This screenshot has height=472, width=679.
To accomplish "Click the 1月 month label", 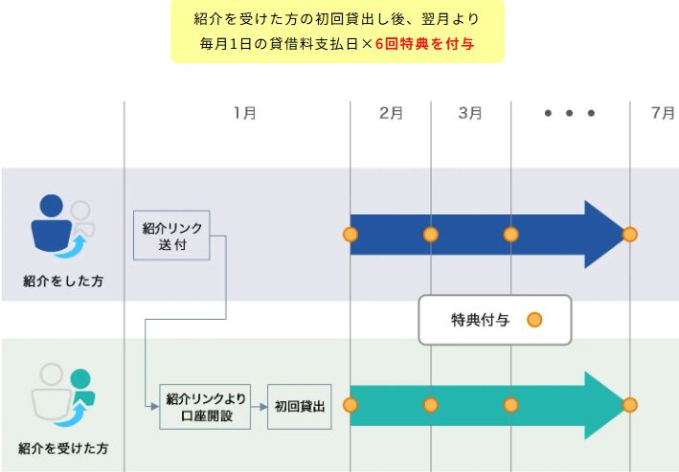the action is pyautogui.click(x=244, y=114).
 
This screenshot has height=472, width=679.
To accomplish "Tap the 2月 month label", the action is pyautogui.click(x=391, y=114).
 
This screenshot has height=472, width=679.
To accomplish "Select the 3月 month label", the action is pyautogui.click(x=470, y=114).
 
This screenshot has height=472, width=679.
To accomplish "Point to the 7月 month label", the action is pyautogui.click(x=663, y=114).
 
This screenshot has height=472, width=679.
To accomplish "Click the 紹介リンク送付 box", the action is pyautogui.click(x=171, y=236).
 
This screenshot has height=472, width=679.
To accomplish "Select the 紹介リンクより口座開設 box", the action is pyautogui.click(x=205, y=407).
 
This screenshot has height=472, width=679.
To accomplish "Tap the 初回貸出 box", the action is pyautogui.click(x=299, y=407).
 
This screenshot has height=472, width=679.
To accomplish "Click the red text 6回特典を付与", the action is pyautogui.click(x=424, y=44).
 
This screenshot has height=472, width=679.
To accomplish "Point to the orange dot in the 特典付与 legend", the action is pyautogui.click(x=534, y=320).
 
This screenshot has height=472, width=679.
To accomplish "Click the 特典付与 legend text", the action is pyautogui.click(x=480, y=320).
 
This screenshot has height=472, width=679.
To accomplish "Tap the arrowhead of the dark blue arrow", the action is pyautogui.click(x=605, y=235).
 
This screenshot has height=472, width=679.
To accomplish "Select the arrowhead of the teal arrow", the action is pyautogui.click(x=605, y=405).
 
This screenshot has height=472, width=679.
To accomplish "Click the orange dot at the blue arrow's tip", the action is pyautogui.click(x=629, y=235).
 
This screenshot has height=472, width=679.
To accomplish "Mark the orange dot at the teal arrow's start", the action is pyautogui.click(x=351, y=405).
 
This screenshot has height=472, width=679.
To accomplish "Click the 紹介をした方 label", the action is pyautogui.click(x=63, y=281).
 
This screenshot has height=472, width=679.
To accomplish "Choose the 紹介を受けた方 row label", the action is pyautogui.click(x=63, y=448).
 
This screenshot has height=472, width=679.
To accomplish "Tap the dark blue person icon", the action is pyautogui.click(x=51, y=223).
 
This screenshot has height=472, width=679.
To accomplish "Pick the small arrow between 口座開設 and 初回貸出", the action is pyautogui.click(x=259, y=407).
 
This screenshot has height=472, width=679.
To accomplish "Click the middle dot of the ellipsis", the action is pyautogui.click(x=570, y=114).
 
